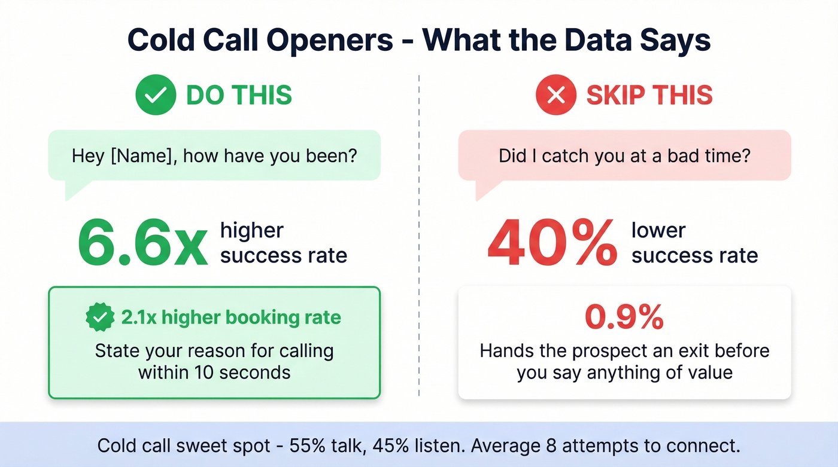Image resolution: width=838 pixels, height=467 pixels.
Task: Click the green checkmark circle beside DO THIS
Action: click(156, 95)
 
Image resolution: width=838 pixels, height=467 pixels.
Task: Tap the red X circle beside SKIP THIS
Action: click(556, 95)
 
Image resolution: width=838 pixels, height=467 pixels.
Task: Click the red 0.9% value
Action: click(624, 318)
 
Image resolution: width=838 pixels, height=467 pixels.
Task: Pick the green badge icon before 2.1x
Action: click(99, 317)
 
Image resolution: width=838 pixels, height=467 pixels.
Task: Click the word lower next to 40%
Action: click(658, 230)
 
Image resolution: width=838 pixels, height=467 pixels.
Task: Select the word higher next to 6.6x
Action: click(251, 230)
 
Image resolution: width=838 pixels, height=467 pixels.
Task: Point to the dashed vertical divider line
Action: click(419, 239)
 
